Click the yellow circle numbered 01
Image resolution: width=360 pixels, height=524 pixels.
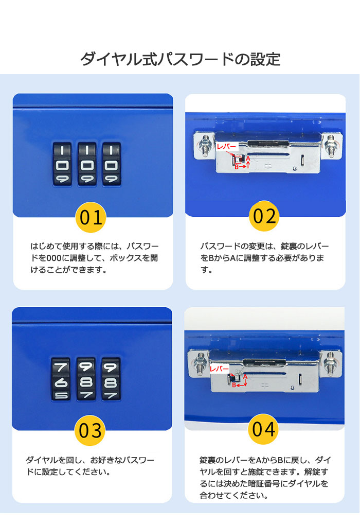91,217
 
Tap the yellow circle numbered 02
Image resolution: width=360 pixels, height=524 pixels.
264,216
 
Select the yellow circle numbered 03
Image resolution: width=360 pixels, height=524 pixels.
90,430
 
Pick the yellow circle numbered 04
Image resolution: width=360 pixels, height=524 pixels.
263,429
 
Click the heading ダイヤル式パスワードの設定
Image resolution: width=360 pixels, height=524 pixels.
181,59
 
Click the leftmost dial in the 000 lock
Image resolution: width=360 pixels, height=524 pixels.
62,164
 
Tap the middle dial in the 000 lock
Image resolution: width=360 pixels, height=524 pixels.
87,164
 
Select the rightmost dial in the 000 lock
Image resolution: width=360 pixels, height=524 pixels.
112,164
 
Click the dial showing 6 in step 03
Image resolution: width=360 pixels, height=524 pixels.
60,379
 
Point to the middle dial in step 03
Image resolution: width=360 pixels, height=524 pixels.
86,379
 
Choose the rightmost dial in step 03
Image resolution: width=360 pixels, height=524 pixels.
111,379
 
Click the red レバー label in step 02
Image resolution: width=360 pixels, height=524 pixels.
227,147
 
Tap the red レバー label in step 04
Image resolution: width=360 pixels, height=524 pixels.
220,369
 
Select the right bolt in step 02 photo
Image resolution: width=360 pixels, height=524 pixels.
331,145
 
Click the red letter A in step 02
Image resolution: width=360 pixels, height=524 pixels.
248,158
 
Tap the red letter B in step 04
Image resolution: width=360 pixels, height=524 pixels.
235,385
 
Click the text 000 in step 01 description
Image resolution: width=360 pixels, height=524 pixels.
54,258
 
